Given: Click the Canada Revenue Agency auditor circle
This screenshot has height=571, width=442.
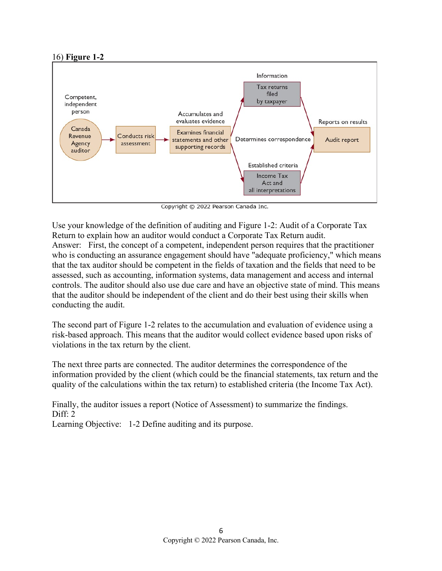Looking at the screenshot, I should [x=80, y=140].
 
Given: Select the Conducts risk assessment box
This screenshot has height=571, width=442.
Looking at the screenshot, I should [x=136, y=140].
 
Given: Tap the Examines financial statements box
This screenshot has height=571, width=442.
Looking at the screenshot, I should [x=200, y=140].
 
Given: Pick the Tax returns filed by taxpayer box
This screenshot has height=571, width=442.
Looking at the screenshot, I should [x=272, y=94].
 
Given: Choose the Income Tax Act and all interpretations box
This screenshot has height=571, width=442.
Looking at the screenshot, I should [x=272, y=183].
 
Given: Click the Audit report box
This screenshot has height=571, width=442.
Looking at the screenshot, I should [x=342, y=140].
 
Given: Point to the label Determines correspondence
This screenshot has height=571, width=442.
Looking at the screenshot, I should [x=273, y=139].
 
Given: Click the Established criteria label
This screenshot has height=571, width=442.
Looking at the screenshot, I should [x=273, y=165].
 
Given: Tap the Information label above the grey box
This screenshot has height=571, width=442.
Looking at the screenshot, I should [x=272, y=76].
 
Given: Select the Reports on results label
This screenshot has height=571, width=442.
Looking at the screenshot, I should [x=342, y=122].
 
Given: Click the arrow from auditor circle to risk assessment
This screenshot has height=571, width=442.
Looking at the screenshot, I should [x=108, y=140].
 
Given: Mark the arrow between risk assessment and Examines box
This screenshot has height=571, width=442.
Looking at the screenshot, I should [x=162, y=140].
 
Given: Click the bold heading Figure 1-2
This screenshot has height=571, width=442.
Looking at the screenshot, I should [x=85, y=57].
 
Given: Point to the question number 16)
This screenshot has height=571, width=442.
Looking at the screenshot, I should [x=58, y=57].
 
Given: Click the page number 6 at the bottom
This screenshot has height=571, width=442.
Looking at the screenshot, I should [x=221, y=531].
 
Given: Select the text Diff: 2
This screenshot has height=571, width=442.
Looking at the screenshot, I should [x=64, y=414].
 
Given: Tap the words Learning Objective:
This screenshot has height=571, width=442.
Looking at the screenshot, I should [x=87, y=424].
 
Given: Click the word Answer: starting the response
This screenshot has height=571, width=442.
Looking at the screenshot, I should [x=66, y=245].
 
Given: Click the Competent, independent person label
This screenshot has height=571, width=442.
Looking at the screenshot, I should [x=81, y=104].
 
